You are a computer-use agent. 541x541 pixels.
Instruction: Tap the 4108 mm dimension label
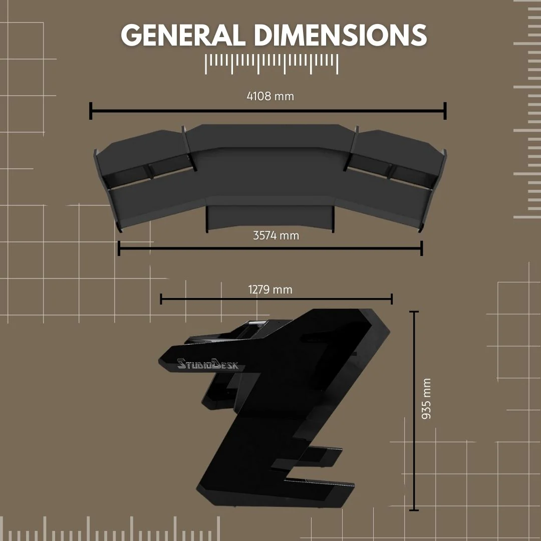click(270, 96)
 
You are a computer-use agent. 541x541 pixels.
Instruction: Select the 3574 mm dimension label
click(276, 235)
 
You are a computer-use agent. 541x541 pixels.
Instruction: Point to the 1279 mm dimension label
click(270, 290)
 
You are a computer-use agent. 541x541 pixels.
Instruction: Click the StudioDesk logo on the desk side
click(211, 364)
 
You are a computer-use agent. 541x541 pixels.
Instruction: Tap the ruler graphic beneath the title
click(272, 64)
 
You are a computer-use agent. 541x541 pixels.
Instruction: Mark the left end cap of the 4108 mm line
click(91, 111)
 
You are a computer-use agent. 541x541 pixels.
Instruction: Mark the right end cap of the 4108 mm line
click(445, 111)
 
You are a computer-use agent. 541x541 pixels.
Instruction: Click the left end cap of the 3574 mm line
click(119, 248)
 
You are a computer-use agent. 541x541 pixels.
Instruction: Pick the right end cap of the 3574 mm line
click(422, 248)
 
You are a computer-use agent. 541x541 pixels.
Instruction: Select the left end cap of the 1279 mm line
click(161, 299)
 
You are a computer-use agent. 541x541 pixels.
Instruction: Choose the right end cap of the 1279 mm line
click(392, 299)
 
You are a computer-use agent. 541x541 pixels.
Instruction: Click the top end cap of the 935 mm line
click(414, 312)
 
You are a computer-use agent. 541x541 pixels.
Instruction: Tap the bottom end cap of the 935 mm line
click(414, 510)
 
